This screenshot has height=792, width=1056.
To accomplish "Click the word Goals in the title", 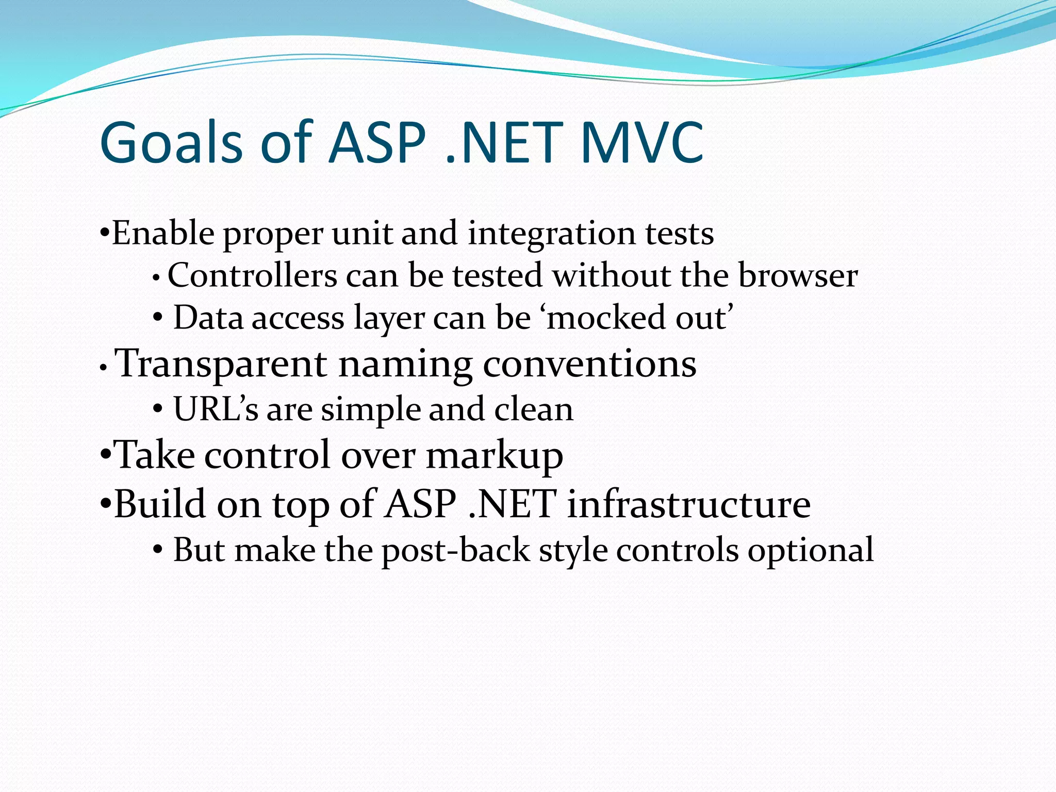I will tap(171, 142).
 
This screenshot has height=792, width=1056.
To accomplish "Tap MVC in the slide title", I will tap(641, 142).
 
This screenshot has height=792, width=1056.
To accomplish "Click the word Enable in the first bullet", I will tap(163, 233).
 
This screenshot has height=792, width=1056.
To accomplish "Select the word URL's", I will tap(216, 409).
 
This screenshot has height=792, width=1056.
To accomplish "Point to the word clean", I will tap(533, 409).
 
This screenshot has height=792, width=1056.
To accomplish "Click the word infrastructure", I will tap(688, 503).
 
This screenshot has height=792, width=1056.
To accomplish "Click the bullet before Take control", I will tap(105, 456).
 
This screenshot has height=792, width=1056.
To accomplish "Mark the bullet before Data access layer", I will tap(158, 318).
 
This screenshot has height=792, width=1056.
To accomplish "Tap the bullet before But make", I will tap(158, 551).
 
